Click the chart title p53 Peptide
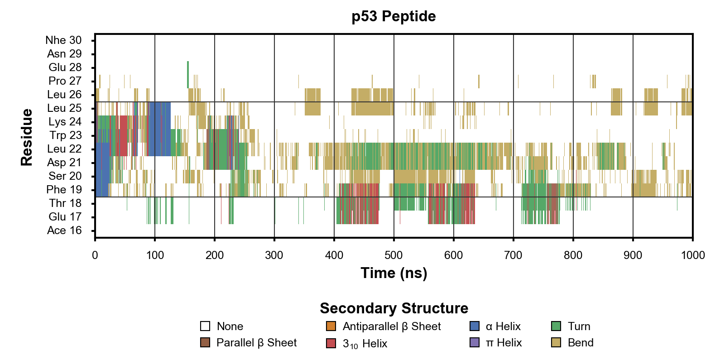click(394, 16)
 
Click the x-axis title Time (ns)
click(394, 273)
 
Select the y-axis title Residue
click(27, 137)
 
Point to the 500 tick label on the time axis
click(394, 255)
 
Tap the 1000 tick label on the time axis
click(692, 255)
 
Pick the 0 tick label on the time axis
click(95, 255)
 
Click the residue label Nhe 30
click(63, 40)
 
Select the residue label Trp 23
click(66, 135)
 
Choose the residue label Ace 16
click(64, 230)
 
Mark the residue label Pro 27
click(65, 81)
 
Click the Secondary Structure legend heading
click(394, 308)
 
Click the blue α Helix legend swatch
click(475, 326)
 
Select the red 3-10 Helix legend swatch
click(331, 343)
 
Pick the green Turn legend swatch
click(556, 326)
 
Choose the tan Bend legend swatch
click(556, 342)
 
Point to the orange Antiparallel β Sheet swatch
click(331, 326)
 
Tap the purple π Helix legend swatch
click(475, 342)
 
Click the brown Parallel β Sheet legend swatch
click(205, 342)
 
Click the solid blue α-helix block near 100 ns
click(160, 129)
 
